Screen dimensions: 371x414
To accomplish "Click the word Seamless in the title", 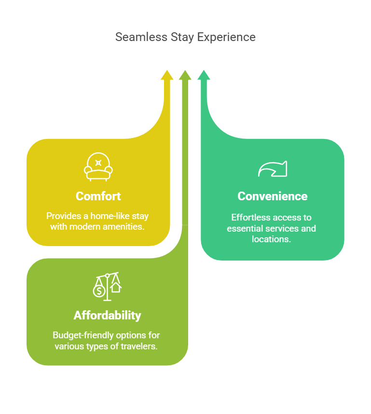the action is click(x=141, y=37).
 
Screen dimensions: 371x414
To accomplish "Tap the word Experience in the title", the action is click(x=226, y=37).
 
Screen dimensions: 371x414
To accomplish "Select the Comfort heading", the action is click(x=98, y=196).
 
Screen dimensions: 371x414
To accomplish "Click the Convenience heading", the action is click(x=273, y=196).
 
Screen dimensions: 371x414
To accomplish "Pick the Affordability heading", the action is click(x=108, y=316).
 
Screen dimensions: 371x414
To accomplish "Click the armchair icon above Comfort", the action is click(x=98, y=166).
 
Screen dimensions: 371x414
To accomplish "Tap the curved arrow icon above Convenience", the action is click(x=273, y=169).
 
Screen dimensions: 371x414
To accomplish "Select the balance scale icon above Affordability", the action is click(x=107, y=287).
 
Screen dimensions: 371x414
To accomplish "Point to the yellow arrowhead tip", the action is click(x=167, y=70).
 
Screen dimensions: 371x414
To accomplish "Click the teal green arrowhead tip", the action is click(x=204, y=70).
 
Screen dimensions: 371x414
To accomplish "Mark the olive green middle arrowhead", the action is click(x=185, y=75).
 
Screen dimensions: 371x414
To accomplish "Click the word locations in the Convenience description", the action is click(x=271, y=239).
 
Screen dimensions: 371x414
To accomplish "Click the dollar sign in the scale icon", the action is click(x=99, y=291).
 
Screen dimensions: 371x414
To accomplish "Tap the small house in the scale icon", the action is click(x=116, y=287).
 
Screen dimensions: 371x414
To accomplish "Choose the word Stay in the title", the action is click(x=182, y=37).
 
